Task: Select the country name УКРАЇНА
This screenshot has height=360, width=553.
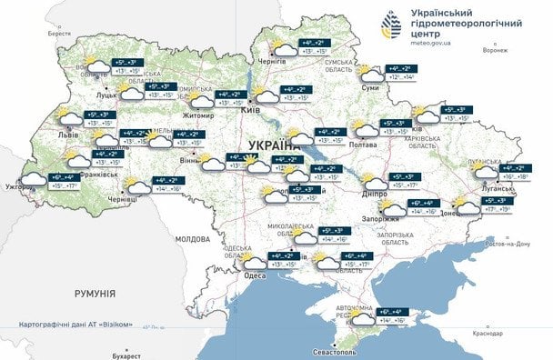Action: (x=274, y=145)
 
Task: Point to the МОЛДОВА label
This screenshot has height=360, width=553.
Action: (x=192, y=238)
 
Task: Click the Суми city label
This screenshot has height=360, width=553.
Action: (x=370, y=88)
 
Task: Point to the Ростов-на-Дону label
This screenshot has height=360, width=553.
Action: (x=507, y=244)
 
